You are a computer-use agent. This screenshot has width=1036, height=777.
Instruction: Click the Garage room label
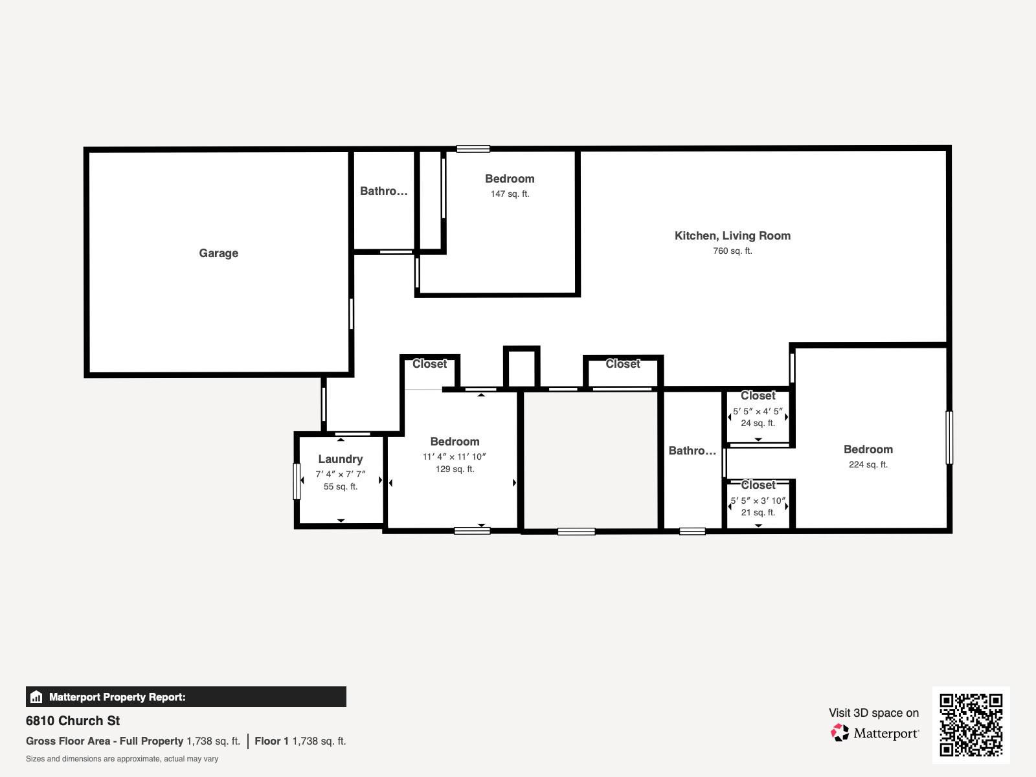[218, 253]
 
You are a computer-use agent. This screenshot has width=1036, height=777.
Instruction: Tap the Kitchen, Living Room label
[732, 236]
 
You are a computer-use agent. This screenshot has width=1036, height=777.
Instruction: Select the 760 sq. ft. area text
[732, 251]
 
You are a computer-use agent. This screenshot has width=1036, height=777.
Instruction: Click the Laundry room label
[340, 459]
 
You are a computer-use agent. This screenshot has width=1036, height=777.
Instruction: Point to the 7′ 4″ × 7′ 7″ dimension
[340, 474]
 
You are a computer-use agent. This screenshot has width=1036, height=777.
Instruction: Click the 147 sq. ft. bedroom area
[510, 194]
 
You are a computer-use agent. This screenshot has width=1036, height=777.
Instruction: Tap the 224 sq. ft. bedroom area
[868, 464]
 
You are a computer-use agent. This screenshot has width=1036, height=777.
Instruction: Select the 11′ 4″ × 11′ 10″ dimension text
[454, 456]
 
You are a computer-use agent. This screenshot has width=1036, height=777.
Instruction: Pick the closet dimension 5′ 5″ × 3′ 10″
[758, 501]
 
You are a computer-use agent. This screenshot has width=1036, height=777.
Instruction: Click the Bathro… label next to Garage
[383, 191]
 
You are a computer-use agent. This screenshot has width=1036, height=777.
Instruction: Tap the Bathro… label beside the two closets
[692, 451]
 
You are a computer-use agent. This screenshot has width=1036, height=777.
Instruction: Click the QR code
[971, 725]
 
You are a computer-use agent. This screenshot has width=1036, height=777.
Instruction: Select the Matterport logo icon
[840, 733]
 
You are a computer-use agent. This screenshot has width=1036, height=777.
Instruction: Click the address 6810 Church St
[73, 721]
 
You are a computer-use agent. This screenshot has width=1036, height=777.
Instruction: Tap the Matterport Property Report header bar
[186, 697]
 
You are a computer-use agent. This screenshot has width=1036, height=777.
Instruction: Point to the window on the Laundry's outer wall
[297, 481]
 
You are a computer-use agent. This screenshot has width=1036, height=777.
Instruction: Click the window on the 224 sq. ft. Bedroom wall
[949, 438]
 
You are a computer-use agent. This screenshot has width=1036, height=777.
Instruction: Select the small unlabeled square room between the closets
[521, 368]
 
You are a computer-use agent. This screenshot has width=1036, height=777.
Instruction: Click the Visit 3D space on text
[873, 713]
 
